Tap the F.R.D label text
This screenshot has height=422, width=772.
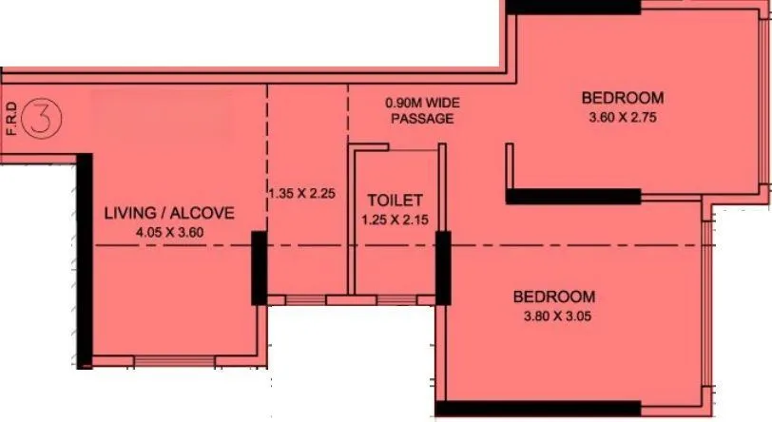pyautogui.click(x=10, y=120)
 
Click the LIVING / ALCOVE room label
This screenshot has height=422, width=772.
pyautogui.click(x=168, y=213)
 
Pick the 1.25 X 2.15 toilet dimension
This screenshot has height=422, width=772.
pyautogui.click(x=395, y=220)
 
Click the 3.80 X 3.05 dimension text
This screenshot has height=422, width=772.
pyautogui.click(x=555, y=317)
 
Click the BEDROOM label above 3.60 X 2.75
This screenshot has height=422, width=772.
pyautogui.click(x=623, y=98)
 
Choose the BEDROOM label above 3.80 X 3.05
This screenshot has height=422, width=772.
pyautogui.click(x=555, y=297)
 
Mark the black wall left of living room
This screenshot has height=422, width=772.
pyautogui.click(x=84, y=259)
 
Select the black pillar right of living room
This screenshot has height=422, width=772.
pyautogui.click(x=259, y=268)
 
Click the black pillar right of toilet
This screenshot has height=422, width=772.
pyautogui.click(x=442, y=268)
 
